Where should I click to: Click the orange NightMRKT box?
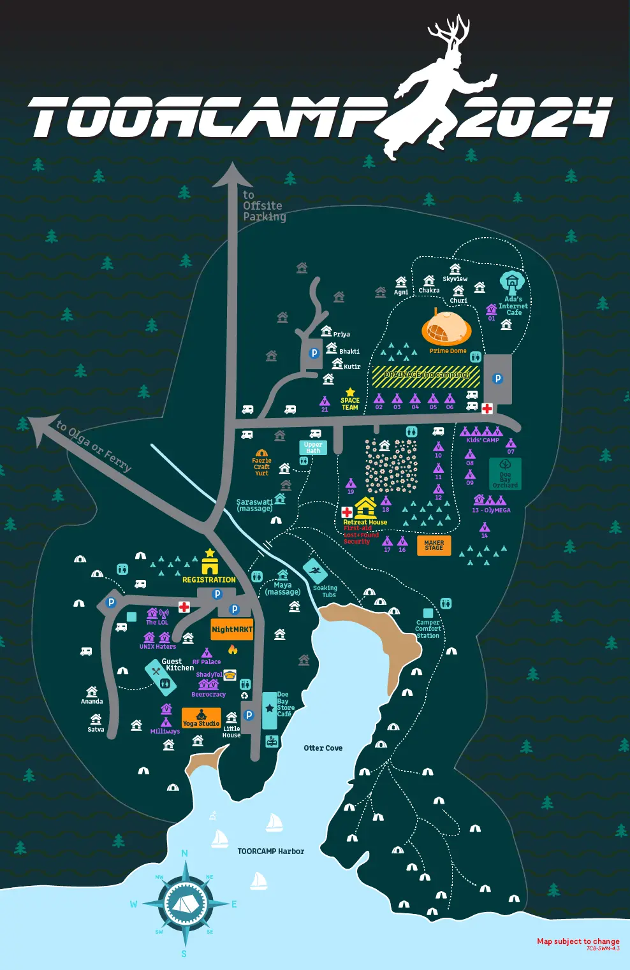232,629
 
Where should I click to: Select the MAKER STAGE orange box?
434,546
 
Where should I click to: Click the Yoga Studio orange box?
201,718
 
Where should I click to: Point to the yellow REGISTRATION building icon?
210,564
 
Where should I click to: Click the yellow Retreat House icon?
365,508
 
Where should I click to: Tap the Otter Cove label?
323,748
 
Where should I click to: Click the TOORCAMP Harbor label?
270,851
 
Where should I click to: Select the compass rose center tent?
185,902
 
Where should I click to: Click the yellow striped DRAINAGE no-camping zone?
426,376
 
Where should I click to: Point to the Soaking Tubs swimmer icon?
315,570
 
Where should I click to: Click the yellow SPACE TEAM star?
350,393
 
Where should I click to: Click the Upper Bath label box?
313,447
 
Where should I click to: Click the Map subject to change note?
578,941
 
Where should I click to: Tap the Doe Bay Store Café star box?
270,709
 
